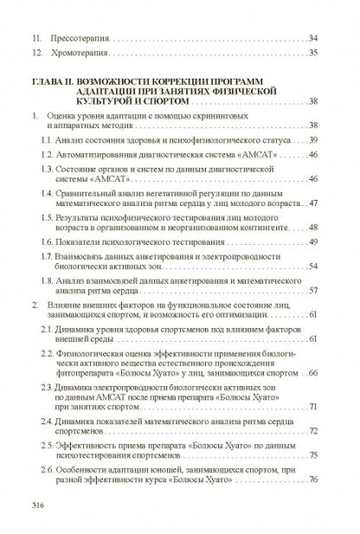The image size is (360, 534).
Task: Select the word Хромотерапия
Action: click(80, 55)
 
